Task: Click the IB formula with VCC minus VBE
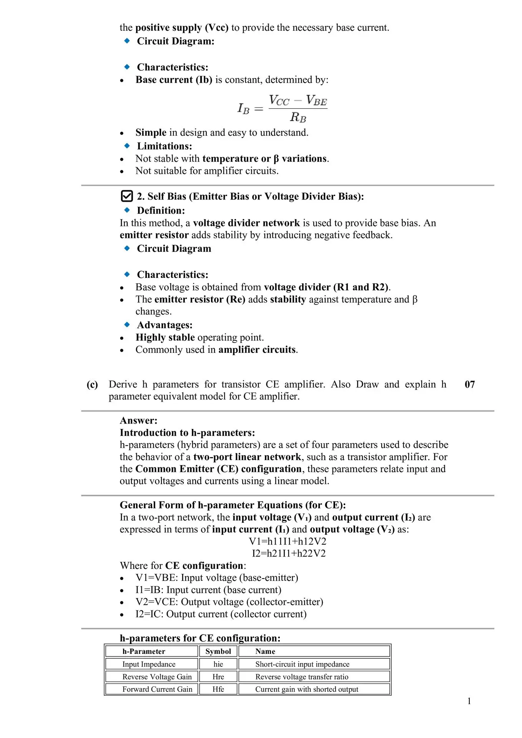click(x=283, y=108)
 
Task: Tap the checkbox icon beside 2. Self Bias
click(x=127, y=196)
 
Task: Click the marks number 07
click(x=470, y=384)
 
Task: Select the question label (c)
click(x=92, y=385)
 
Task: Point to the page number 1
click(x=469, y=701)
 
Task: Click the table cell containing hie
click(x=218, y=664)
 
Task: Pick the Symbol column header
click(x=218, y=652)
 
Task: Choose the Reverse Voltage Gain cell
click(x=157, y=677)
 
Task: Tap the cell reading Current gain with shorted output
click(x=306, y=690)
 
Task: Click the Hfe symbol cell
click(x=218, y=690)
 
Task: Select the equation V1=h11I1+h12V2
click(x=288, y=542)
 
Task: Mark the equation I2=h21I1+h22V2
click(x=289, y=553)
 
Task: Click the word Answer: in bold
click(x=138, y=421)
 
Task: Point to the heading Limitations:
click(x=165, y=146)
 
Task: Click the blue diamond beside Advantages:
click(x=127, y=325)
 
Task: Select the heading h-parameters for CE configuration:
click(x=200, y=638)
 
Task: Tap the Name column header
click(x=265, y=652)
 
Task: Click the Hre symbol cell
click(x=218, y=677)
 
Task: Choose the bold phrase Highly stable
click(x=165, y=337)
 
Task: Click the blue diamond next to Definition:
click(x=127, y=210)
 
